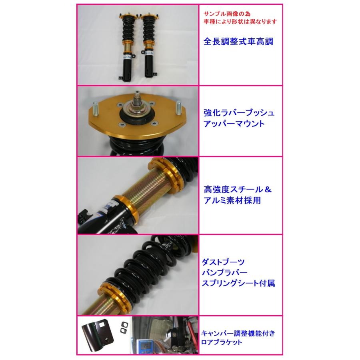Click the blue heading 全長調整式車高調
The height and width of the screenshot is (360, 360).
click(238, 42)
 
